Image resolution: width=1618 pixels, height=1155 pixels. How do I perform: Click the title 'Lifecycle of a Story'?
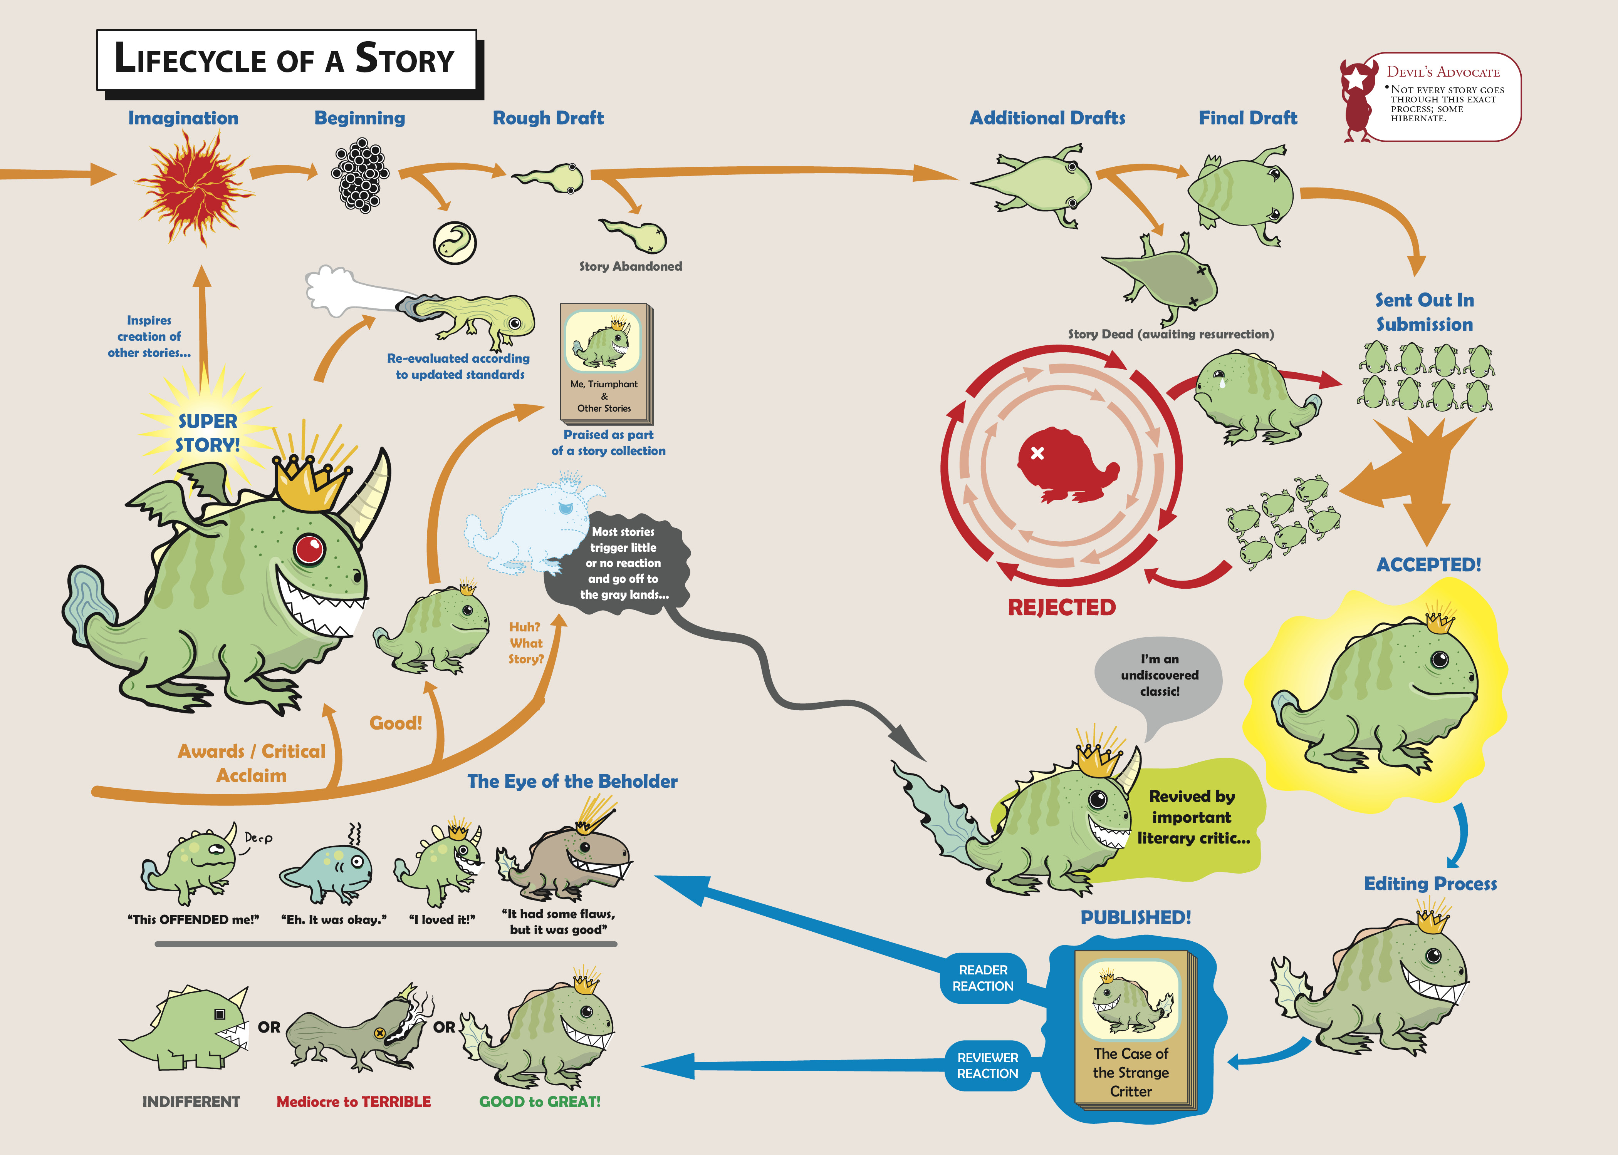[285, 58]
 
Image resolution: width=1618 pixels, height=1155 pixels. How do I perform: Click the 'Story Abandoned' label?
[630, 266]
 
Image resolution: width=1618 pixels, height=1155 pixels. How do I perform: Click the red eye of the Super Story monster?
[309, 548]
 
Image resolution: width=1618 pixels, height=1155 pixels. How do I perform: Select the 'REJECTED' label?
[1062, 608]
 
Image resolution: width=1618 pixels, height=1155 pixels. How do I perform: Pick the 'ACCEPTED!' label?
[1429, 565]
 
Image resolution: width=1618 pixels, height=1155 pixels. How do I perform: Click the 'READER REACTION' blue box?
[984, 978]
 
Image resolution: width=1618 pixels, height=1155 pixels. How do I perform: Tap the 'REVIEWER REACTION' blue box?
[988, 1065]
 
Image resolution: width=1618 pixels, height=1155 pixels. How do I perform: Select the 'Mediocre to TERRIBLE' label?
[354, 1101]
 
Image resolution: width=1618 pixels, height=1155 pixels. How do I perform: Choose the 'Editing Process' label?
[1430, 884]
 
